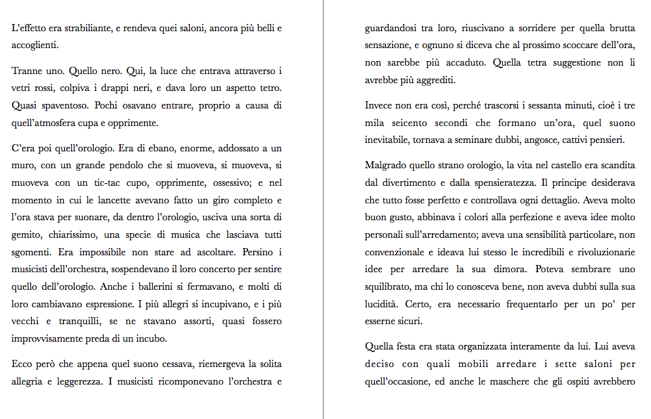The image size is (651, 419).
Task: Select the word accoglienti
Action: [x=34, y=45]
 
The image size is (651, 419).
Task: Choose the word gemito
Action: [x=26, y=234]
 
